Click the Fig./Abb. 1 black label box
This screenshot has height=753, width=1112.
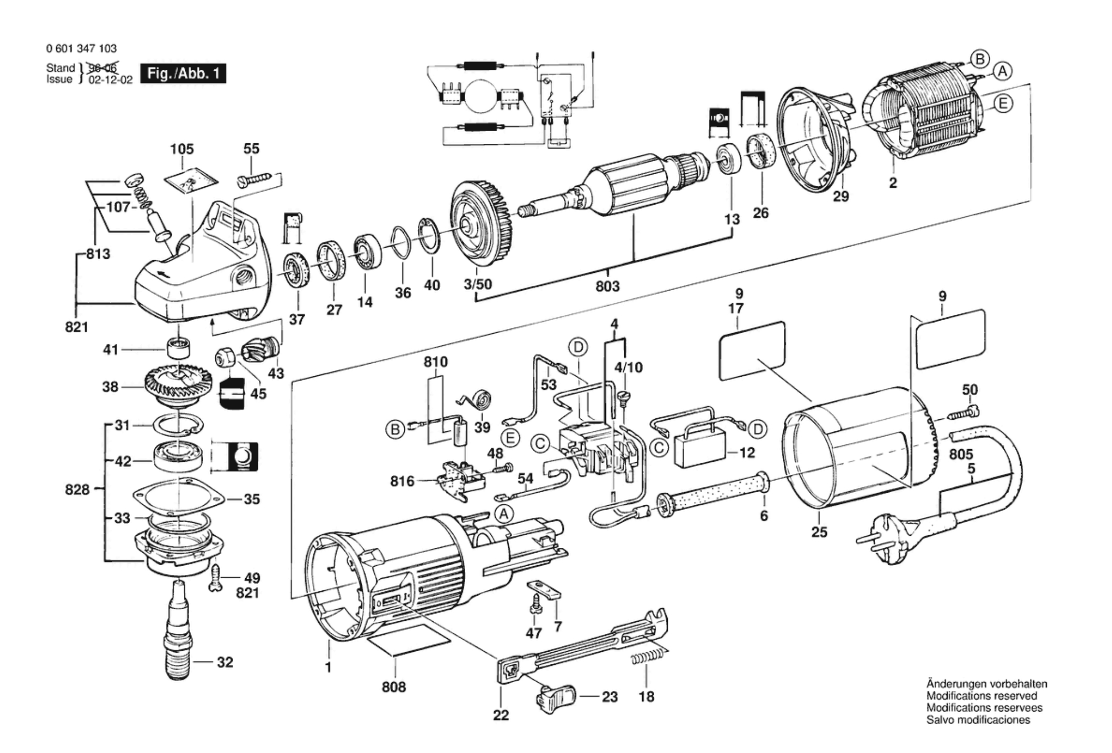[183, 74]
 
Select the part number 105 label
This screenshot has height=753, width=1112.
[182, 150]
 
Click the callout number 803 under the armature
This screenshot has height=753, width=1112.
[607, 286]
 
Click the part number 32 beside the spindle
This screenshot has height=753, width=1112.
[225, 662]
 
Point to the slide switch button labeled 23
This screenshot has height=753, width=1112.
[555, 697]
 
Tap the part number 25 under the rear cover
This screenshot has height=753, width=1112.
[819, 532]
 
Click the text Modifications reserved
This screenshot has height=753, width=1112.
[981, 696]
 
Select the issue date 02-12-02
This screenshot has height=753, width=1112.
[110, 80]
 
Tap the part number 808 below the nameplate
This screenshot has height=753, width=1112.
[394, 687]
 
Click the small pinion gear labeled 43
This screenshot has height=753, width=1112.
[260, 349]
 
